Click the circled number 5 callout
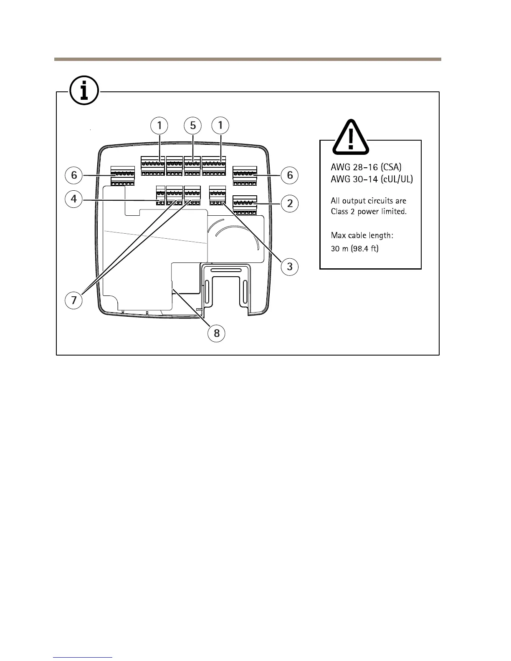[193, 125]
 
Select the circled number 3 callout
[290, 266]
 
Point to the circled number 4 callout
[74, 199]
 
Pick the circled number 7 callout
[74, 300]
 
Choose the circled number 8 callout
[217, 333]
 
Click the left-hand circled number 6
[74, 175]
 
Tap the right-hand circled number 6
[290, 175]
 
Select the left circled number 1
[159, 125]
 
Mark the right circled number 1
[220, 125]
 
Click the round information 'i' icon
[84, 90]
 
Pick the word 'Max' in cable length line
[339, 235]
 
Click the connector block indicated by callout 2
[245, 204]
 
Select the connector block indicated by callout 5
[192, 167]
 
